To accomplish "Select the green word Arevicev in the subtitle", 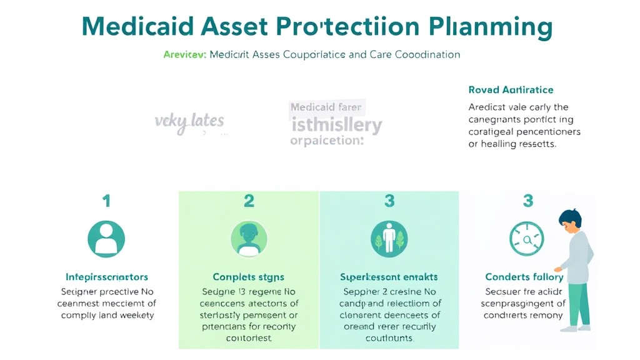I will point(184,54).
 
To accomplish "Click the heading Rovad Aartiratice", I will point(511,90).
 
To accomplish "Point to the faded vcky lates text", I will point(189,121).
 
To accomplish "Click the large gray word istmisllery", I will point(336,125).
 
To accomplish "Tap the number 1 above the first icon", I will point(106,201).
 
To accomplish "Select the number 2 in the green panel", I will point(249,201).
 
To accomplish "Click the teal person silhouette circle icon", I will point(106,239).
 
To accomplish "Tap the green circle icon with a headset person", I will point(249,239).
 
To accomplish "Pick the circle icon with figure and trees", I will point(389,239).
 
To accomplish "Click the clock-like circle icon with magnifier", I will point(527,239).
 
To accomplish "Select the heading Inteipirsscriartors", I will point(107,276).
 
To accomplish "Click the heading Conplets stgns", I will point(249,276).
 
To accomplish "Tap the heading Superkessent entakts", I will point(389,276).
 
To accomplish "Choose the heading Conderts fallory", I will point(524,276).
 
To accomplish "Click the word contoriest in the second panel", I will point(249,338).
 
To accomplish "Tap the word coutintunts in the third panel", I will point(389,338).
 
